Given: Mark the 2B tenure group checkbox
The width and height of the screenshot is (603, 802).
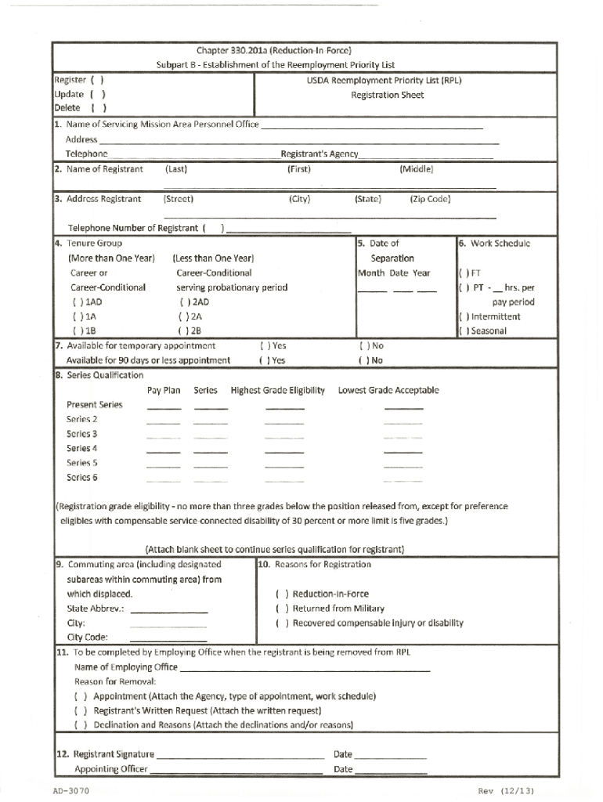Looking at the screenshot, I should tap(183, 331).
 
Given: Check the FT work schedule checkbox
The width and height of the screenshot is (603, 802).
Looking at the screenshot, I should tap(463, 273).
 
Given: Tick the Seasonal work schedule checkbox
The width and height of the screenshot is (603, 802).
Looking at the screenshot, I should tap(463, 331).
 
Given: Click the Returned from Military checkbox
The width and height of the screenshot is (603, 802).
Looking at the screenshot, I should tap(281, 609).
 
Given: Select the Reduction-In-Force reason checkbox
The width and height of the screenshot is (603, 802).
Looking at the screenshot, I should tap(281, 594).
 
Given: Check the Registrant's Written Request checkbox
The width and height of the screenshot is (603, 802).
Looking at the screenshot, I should tap(80, 711).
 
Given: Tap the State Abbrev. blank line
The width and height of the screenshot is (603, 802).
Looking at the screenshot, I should tap(168, 610).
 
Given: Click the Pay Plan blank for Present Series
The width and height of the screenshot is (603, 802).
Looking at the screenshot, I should tap(164, 408).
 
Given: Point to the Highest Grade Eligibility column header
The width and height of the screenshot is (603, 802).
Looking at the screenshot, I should tap(277, 390).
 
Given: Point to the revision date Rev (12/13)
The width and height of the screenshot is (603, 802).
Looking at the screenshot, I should tap(506, 791).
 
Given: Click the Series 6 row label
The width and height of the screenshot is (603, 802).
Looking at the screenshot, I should tap(82, 477).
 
